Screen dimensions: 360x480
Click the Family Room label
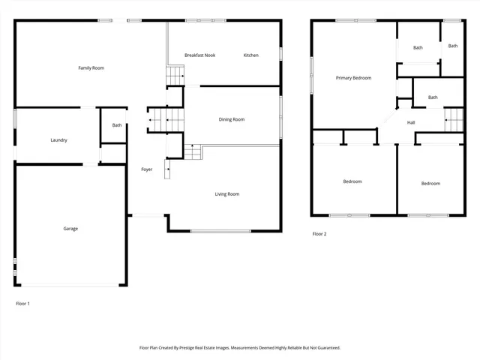(91, 68)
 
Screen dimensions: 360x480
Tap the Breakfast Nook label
(199, 55)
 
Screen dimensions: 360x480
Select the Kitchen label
(250, 55)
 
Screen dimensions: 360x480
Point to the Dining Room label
(231, 119)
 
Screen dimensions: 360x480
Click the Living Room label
(226, 194)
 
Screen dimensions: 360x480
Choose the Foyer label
(147, 169)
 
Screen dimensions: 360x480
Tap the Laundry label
(59, 140)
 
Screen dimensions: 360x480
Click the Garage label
(70, 229)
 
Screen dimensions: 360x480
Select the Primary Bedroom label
(353, 78)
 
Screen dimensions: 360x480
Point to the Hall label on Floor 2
(411, 122)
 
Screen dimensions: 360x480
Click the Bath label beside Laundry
(117, 125)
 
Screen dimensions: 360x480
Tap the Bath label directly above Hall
(433, 97)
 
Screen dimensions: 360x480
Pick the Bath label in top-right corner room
(453, 46)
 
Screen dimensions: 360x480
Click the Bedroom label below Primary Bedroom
(352, 181)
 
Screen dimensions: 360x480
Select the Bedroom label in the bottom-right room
(430, 184)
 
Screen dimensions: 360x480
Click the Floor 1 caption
(23, 304)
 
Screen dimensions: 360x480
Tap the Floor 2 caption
(319, 234)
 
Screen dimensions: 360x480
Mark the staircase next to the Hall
(454, 120)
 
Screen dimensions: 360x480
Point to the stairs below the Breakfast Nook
(175, 76)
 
